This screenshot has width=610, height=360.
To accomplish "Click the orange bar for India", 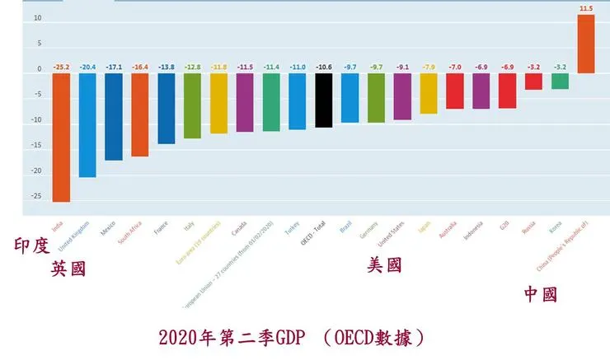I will (x=60, y=137).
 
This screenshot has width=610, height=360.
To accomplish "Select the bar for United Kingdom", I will (x=87, y=124).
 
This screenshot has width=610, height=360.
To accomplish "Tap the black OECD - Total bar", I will (x=324, y=100).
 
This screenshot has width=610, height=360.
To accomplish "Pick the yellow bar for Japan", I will (x=429, y=93).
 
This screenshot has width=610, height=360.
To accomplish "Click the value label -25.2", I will (x=60, y=66).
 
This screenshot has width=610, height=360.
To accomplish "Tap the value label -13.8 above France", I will (x=166, y=66).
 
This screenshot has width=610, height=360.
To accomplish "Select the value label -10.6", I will (x=324, y=66).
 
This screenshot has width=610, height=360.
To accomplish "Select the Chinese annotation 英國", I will (x=68, y=269).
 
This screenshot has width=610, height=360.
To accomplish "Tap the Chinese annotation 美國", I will (x=385, y=265).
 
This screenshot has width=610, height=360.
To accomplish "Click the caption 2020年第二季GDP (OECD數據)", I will (x=293, y=339).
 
